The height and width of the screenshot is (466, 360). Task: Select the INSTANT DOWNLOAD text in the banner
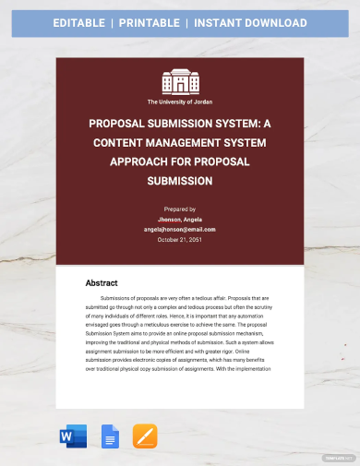263,23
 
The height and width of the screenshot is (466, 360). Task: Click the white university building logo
180,81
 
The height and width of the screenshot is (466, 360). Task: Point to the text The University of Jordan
180,102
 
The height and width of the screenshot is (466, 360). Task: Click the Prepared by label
180,210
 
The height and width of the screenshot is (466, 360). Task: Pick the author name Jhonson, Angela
180,220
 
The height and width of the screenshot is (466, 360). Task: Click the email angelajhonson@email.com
180,229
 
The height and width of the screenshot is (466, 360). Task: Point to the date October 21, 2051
180,239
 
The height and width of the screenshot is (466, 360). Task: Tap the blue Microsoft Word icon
73,436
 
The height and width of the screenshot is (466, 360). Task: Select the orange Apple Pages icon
145,436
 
